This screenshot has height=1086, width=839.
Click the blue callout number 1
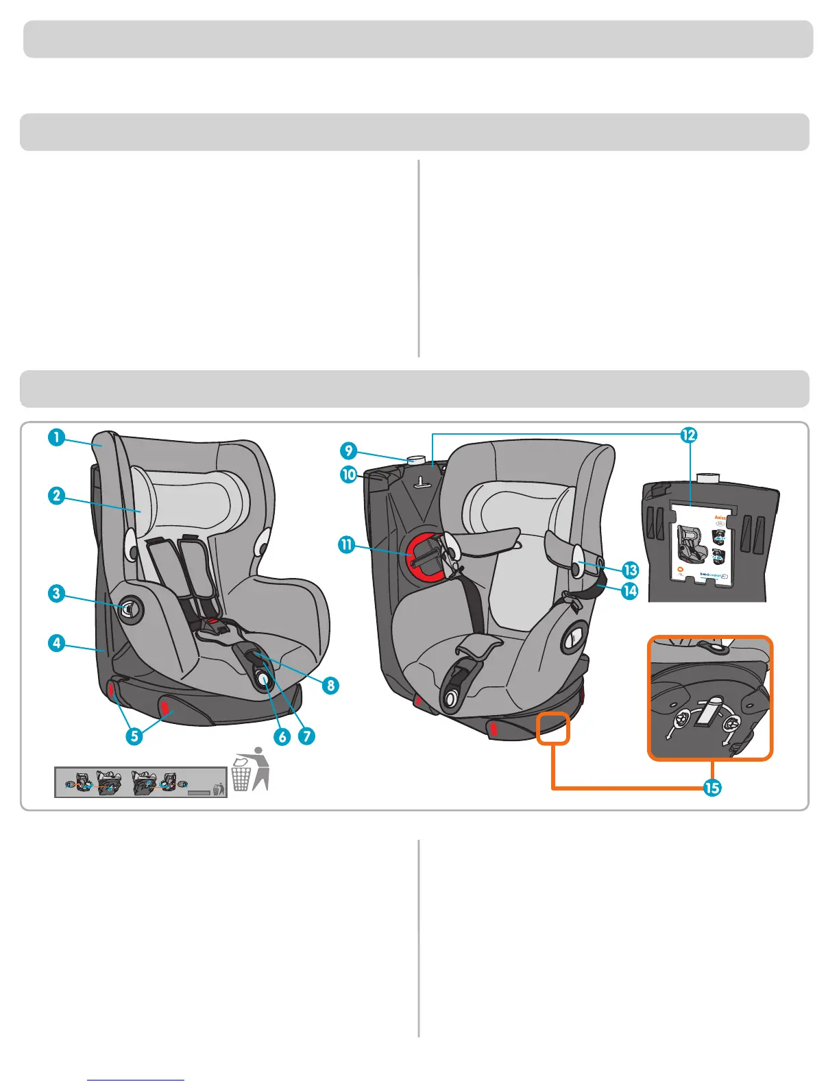(56, 437)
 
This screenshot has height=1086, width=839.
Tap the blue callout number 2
(56, 495)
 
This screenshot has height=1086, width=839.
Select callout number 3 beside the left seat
(56, 593)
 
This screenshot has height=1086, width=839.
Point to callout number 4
(56, 643)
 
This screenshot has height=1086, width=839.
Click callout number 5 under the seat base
(134, 736)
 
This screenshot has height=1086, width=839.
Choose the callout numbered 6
(282, 736)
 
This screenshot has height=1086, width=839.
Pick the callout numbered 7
(306, 736)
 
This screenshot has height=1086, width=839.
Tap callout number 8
(330, 685)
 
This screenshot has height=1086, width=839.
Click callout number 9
(349, 450)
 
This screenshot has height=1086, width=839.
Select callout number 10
(349, 474)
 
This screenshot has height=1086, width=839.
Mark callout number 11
(346, 545)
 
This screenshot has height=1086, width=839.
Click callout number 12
(689, 435)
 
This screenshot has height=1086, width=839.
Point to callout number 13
(630, 570)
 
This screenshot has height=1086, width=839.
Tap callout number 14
(630, 590)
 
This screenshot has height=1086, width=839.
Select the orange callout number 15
(712, 788)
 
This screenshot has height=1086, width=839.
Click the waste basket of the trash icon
(241, 777)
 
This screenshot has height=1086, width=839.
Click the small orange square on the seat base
(555, 728)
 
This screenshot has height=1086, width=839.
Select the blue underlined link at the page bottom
(136, 1081)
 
